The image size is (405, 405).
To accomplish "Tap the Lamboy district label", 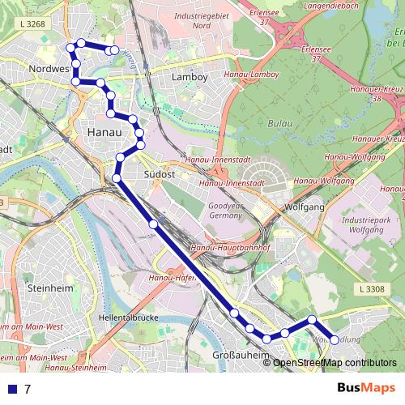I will point(190,77).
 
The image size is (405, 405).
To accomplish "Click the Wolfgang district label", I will point(305,207).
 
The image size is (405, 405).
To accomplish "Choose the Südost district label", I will point(159,174).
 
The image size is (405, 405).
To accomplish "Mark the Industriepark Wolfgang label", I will point(366,225).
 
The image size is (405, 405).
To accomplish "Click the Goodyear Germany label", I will point(225,211).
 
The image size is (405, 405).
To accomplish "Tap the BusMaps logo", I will point(366,388).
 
